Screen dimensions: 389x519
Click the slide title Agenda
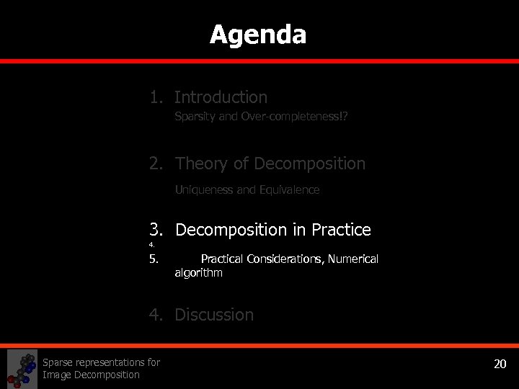click(x=258, y=35)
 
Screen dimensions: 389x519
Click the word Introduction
click(x=221, y=97)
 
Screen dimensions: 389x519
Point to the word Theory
click(x=199, y=164)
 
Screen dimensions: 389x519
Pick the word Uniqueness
click(x=204, y=190)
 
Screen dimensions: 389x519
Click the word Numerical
click(x=353, y=259)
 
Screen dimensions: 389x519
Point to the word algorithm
click(x=198, y=273)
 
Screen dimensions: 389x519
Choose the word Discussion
click(x=214, y=315)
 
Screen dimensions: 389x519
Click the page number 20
click(x=500, y=363)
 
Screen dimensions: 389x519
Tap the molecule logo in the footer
click(x=22, y=368)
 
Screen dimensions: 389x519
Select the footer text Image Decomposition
click(x=91, y=375)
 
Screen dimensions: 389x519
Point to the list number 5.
click(x=154, y=259)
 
